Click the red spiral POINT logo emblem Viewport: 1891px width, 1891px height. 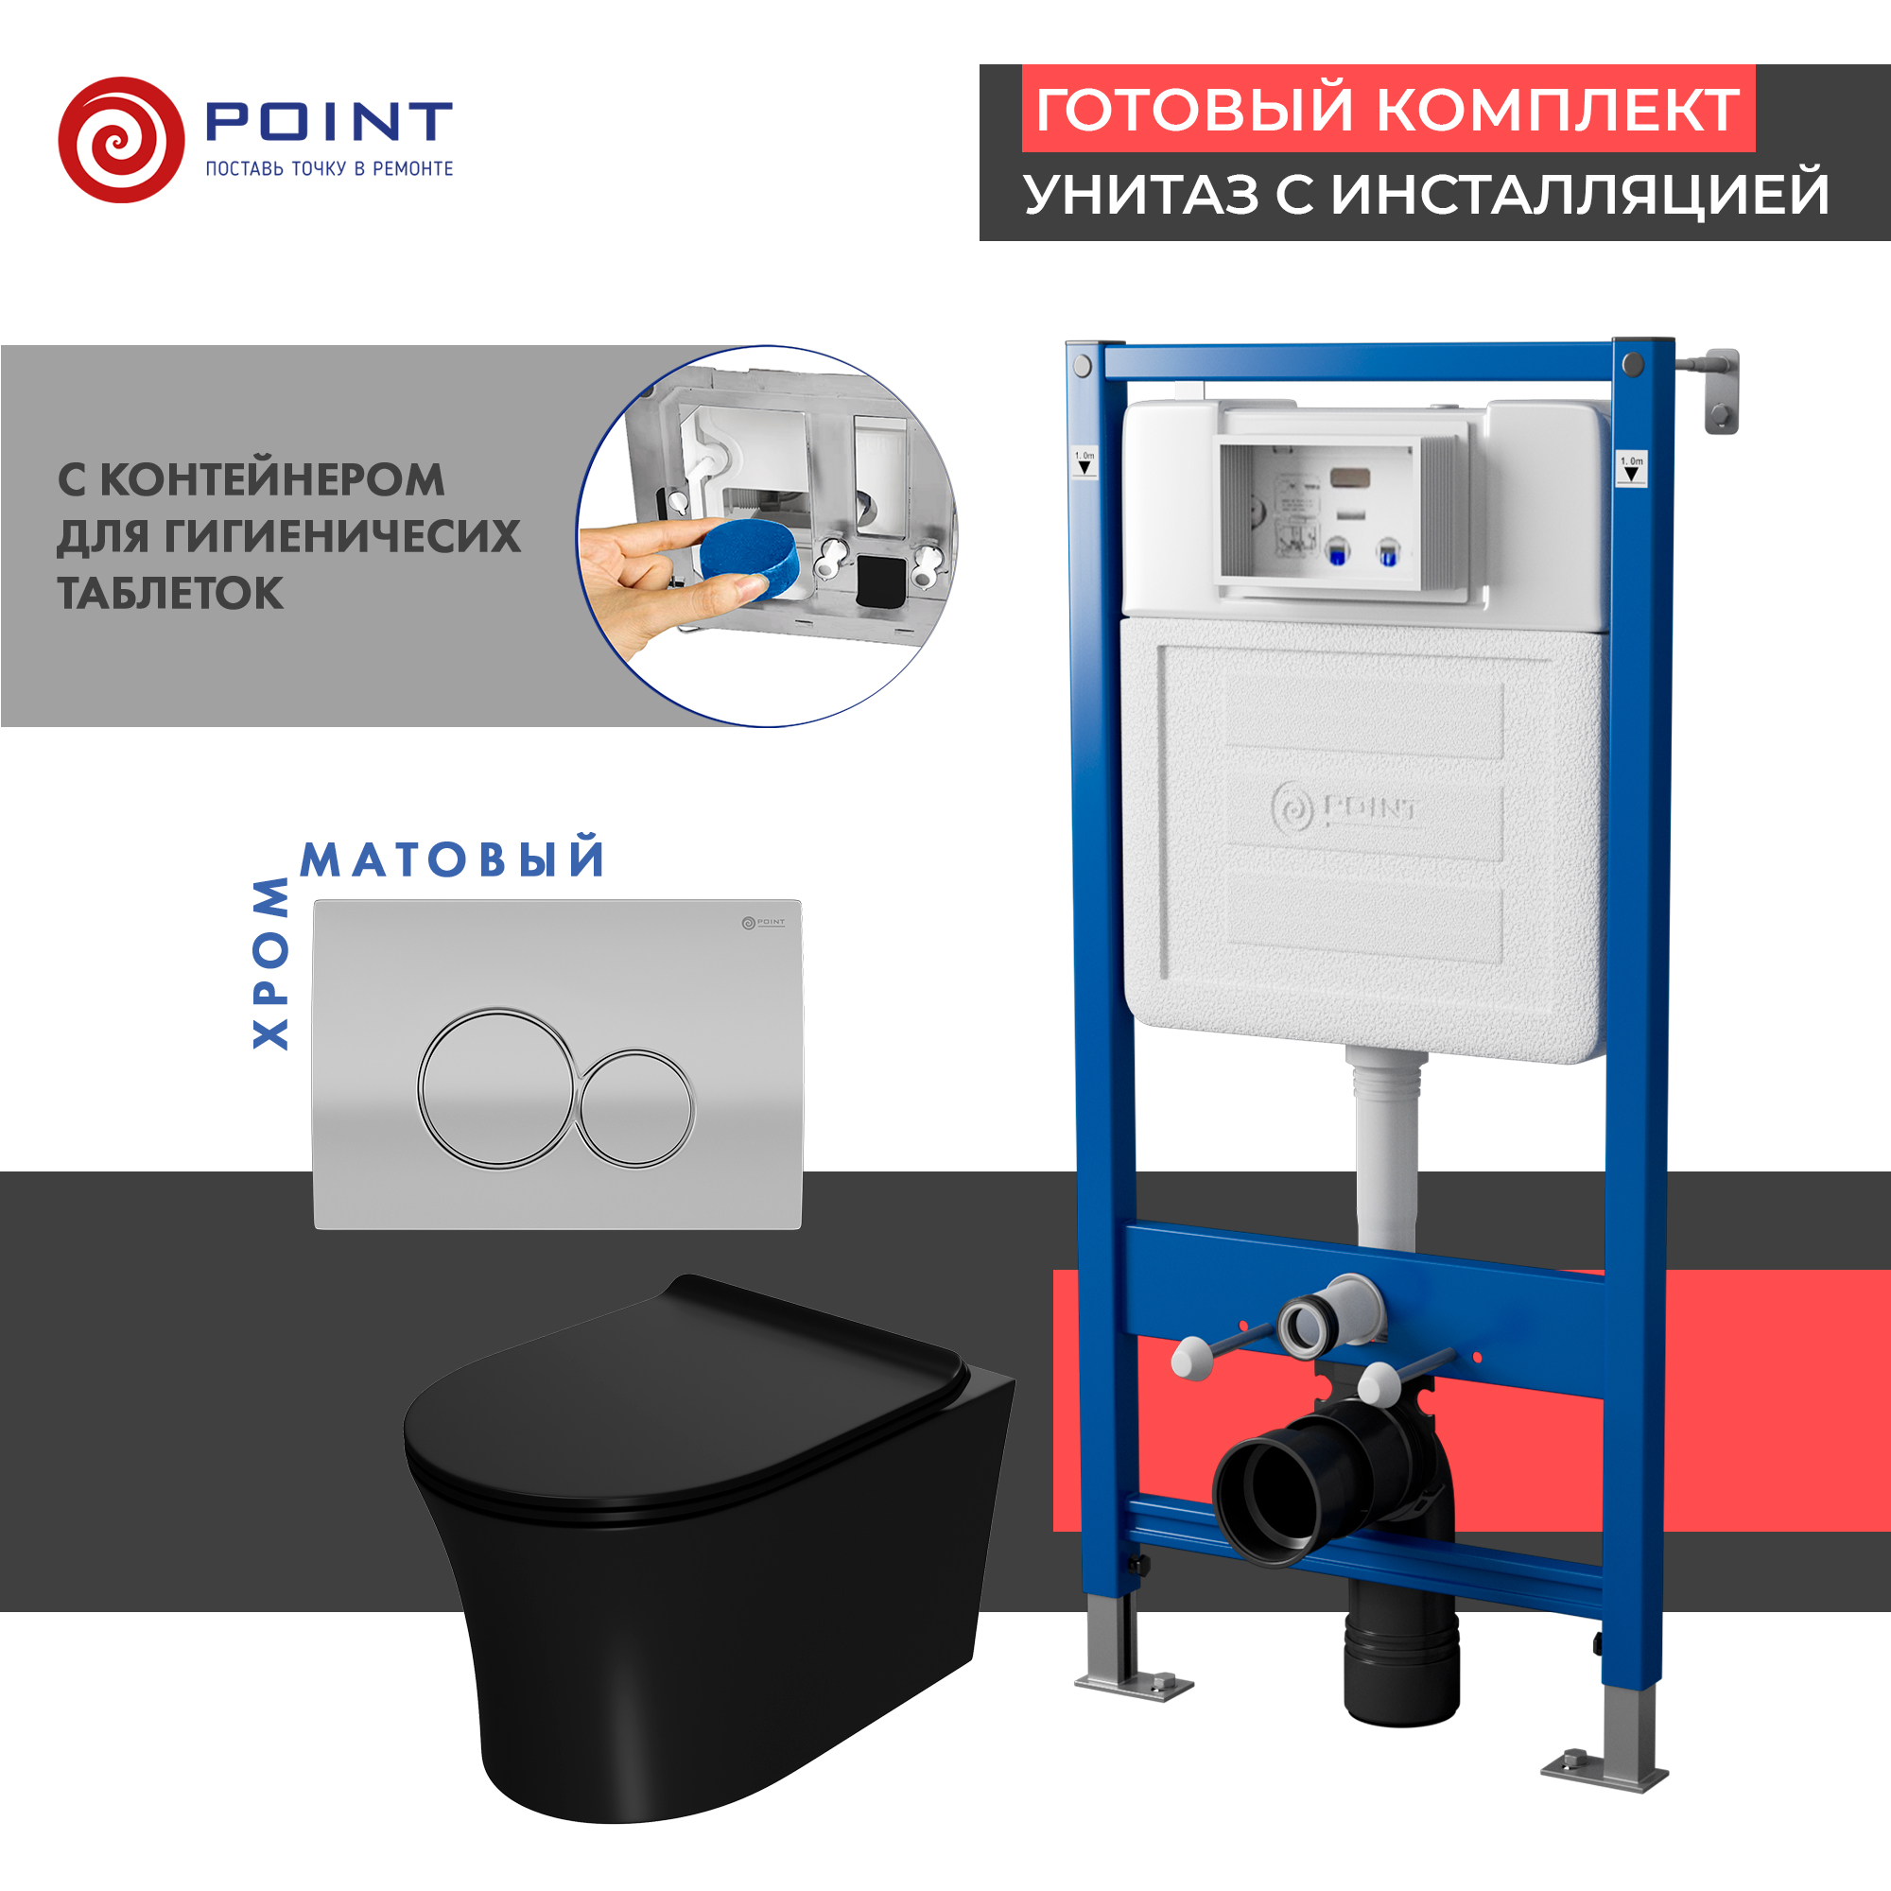(x=121, y=140)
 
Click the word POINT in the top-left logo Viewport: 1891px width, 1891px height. (x=329, y=122)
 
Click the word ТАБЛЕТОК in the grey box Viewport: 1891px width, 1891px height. (x=170, y=593)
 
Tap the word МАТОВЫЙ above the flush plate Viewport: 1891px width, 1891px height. (x=452, y=859)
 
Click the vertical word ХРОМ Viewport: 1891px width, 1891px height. (x=271, y=963)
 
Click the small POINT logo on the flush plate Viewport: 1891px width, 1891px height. (x=763, y=922)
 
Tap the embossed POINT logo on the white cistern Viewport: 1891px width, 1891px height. (x=1345, y=808)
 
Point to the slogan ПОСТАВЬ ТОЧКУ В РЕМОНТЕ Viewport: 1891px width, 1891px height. (x=329, y=169)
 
